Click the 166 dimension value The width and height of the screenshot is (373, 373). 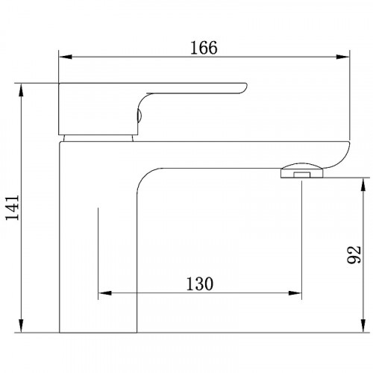(x=204, y=48)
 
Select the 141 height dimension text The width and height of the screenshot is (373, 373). (x=13, y=208)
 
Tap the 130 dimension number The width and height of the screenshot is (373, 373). (x=200, y=283)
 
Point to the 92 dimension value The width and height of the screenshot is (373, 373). (x=354, y=254)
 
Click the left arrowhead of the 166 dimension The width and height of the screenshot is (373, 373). (x=65, y=57)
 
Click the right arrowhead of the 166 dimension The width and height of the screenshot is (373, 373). (x=343, y=57)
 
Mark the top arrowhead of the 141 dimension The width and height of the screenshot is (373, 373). (x=22, y=90)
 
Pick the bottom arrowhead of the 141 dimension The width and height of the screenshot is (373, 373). (x=22, y=326)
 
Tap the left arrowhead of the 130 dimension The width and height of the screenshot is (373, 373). (x=104, y=293)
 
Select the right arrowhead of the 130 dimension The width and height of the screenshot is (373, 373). (x=295, y=293)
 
